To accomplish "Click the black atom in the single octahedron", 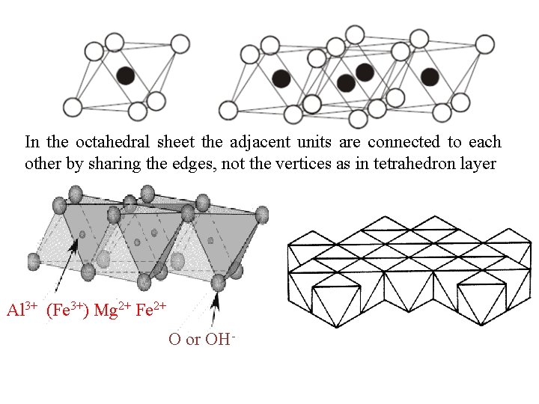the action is click(x=126, y=75).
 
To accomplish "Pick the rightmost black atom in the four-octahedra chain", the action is click(x=430, y=76).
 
